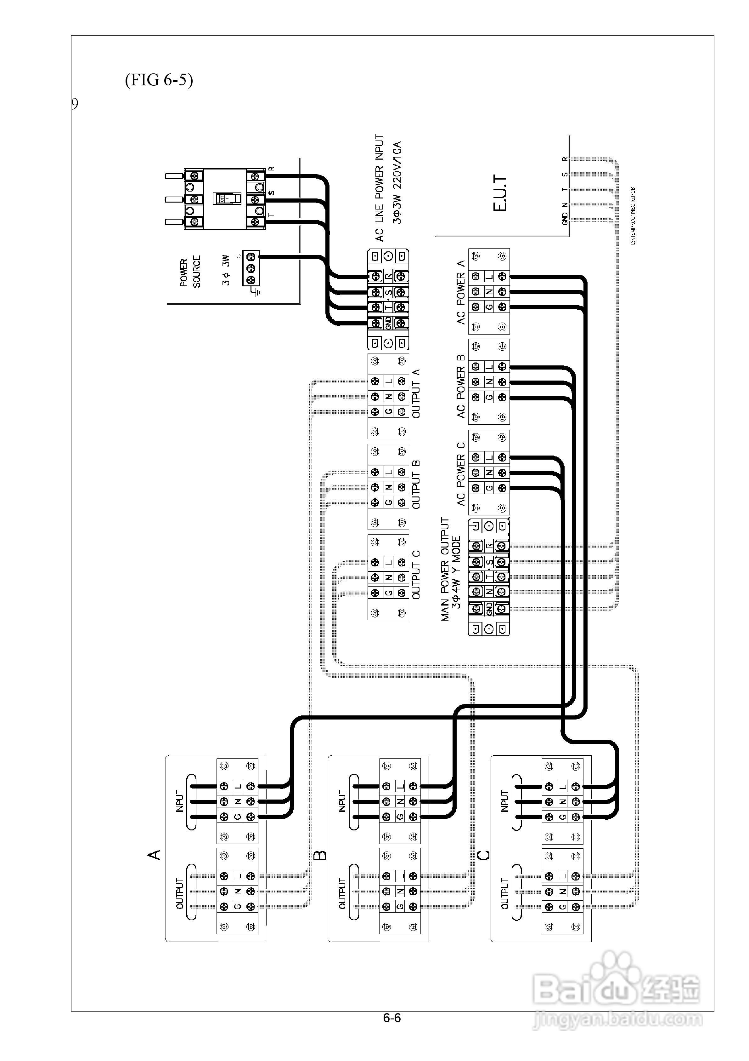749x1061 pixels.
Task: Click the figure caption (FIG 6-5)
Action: point(159,80)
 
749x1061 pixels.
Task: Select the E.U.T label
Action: point(500,193)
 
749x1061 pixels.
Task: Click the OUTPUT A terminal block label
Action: point(416,394)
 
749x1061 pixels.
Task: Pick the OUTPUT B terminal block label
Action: point(416,484)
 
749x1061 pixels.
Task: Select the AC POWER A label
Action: point(460,292)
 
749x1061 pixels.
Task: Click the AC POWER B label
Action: point(460,386)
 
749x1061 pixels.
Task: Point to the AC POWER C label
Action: point(460,474)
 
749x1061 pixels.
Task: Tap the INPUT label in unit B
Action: point(342,801)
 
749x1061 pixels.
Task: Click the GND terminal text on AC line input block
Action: point(388,323)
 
